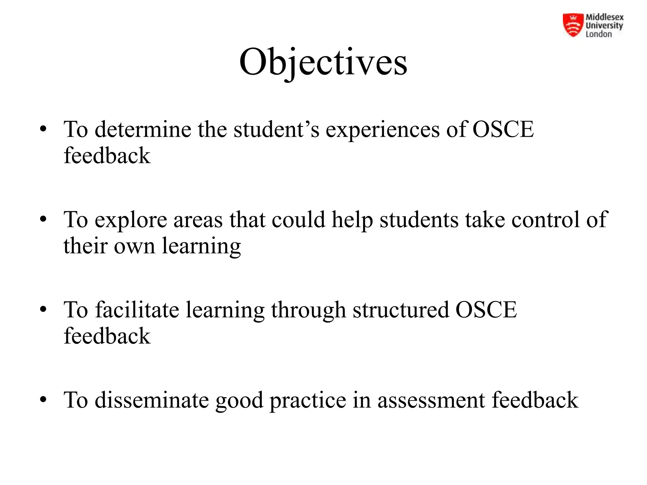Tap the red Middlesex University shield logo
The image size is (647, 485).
(x=573, y=25)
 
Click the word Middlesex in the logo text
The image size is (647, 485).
(x=604, y=17)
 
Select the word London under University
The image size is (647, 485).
(x=599, y=34)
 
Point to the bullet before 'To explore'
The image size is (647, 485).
(x=43, y=219)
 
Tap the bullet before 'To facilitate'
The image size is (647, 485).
(x=43, y=309)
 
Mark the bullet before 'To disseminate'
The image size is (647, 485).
(x=43, y=400)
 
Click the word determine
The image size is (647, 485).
(x=143, y=129)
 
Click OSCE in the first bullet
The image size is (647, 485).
(x=503, y=129)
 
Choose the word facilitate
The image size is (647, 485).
(x=137, y=309)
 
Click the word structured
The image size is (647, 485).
(x=401, y=310)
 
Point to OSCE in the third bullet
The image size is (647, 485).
(x=486, y=309)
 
